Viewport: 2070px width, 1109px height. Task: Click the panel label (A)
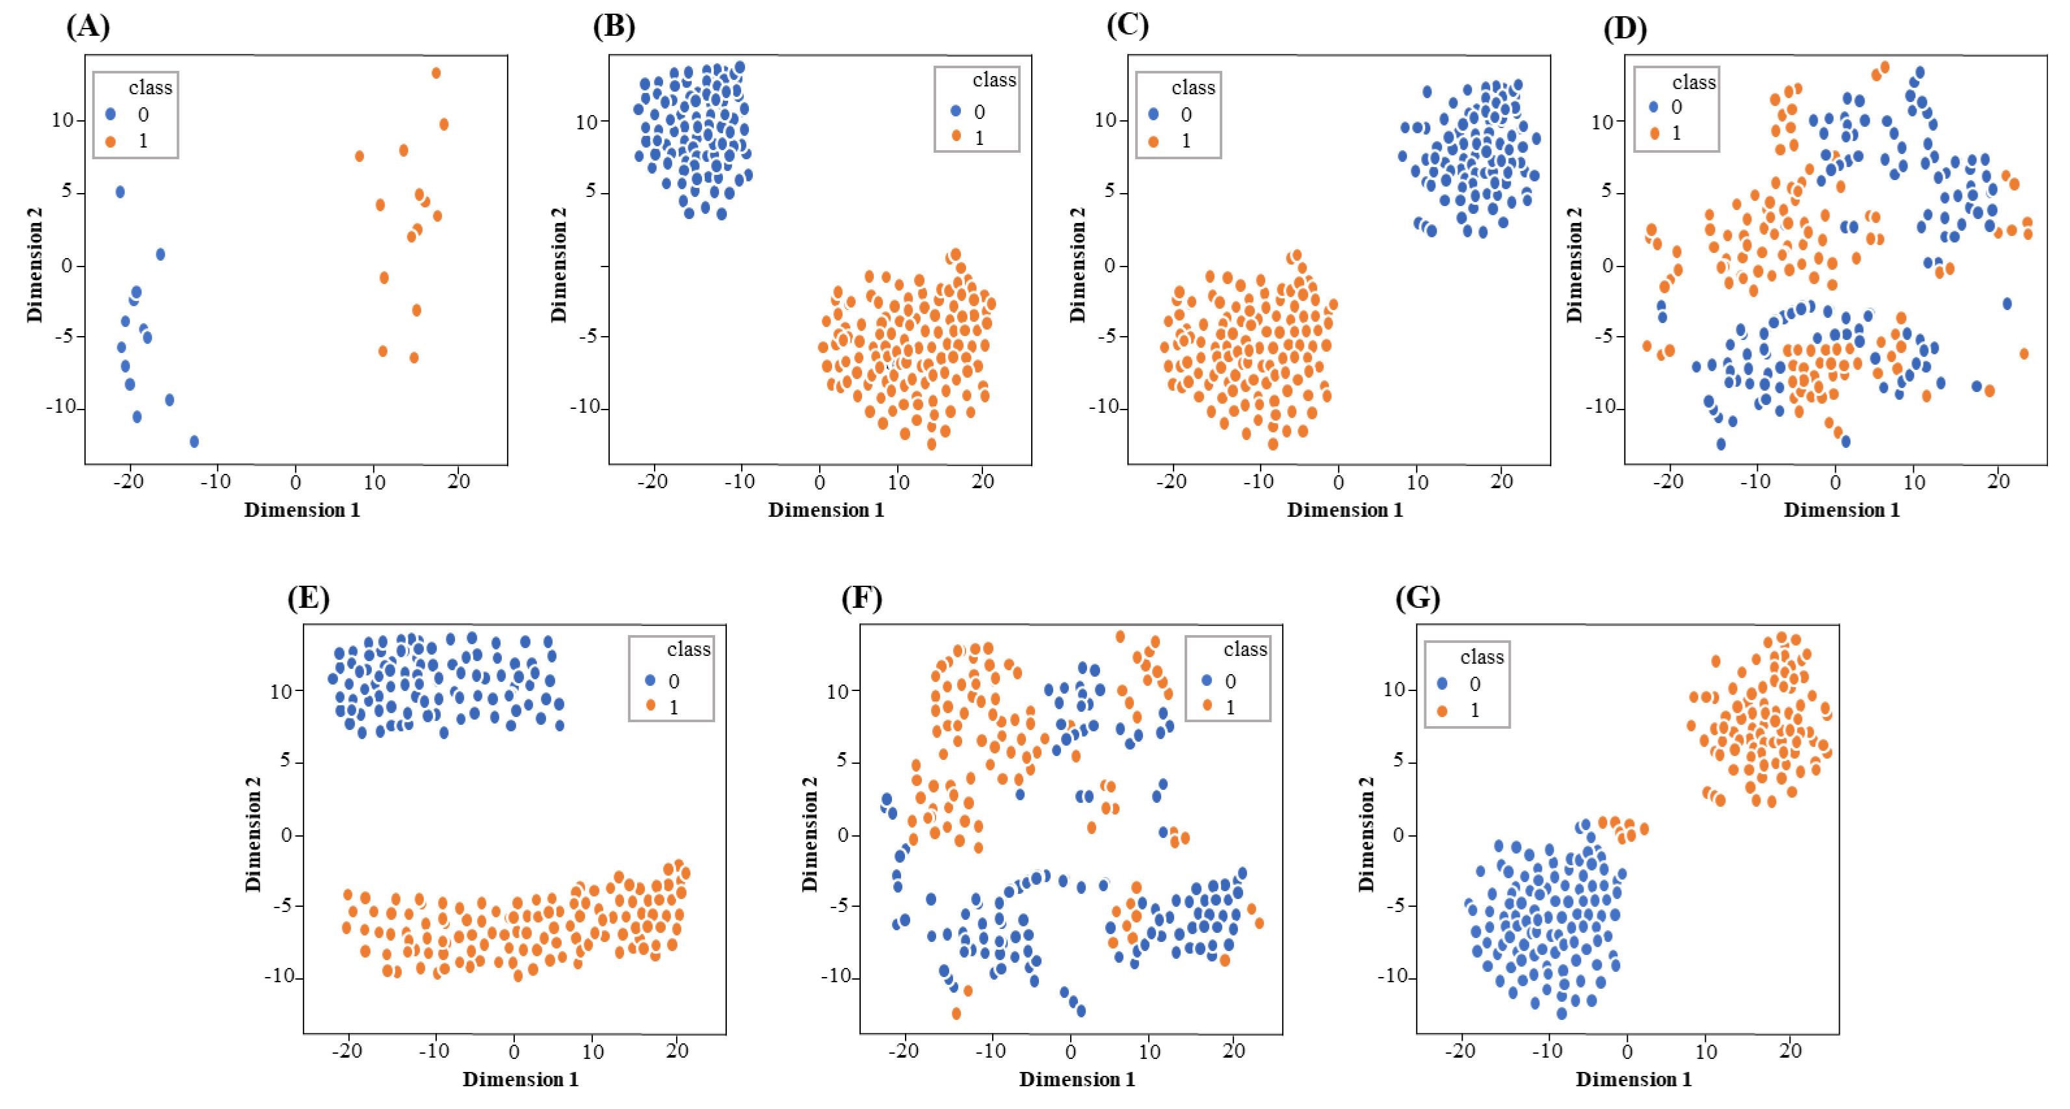pos(88,27)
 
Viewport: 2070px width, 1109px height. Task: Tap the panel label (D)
pos(1625,28)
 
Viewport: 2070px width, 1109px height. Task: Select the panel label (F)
pos(861,598)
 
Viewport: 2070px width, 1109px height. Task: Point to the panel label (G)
pos(1417,598)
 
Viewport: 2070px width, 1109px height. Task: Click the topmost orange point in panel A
pos(436,73)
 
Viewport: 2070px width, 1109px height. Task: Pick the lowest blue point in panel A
pos(194,441)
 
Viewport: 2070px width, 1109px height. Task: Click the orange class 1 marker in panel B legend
pos(956,137)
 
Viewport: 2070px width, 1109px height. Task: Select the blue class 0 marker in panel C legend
pos(1154,114)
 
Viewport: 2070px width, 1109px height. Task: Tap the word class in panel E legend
pos(688,649)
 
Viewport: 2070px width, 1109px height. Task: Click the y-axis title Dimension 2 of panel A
pos(34,265)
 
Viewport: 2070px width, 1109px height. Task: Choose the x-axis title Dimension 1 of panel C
pos(1344,510)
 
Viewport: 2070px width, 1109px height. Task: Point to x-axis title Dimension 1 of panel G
pos(1633,1079)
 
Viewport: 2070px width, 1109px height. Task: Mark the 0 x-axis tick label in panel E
pos(514,1051)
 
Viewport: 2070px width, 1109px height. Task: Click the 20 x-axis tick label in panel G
pos(1790,1051)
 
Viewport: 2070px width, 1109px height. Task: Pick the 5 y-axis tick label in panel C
pos(1110,191)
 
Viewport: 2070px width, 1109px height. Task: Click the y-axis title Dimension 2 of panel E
pos(253,834)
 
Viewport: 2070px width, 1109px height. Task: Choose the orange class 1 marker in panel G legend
pos(1443,711)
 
